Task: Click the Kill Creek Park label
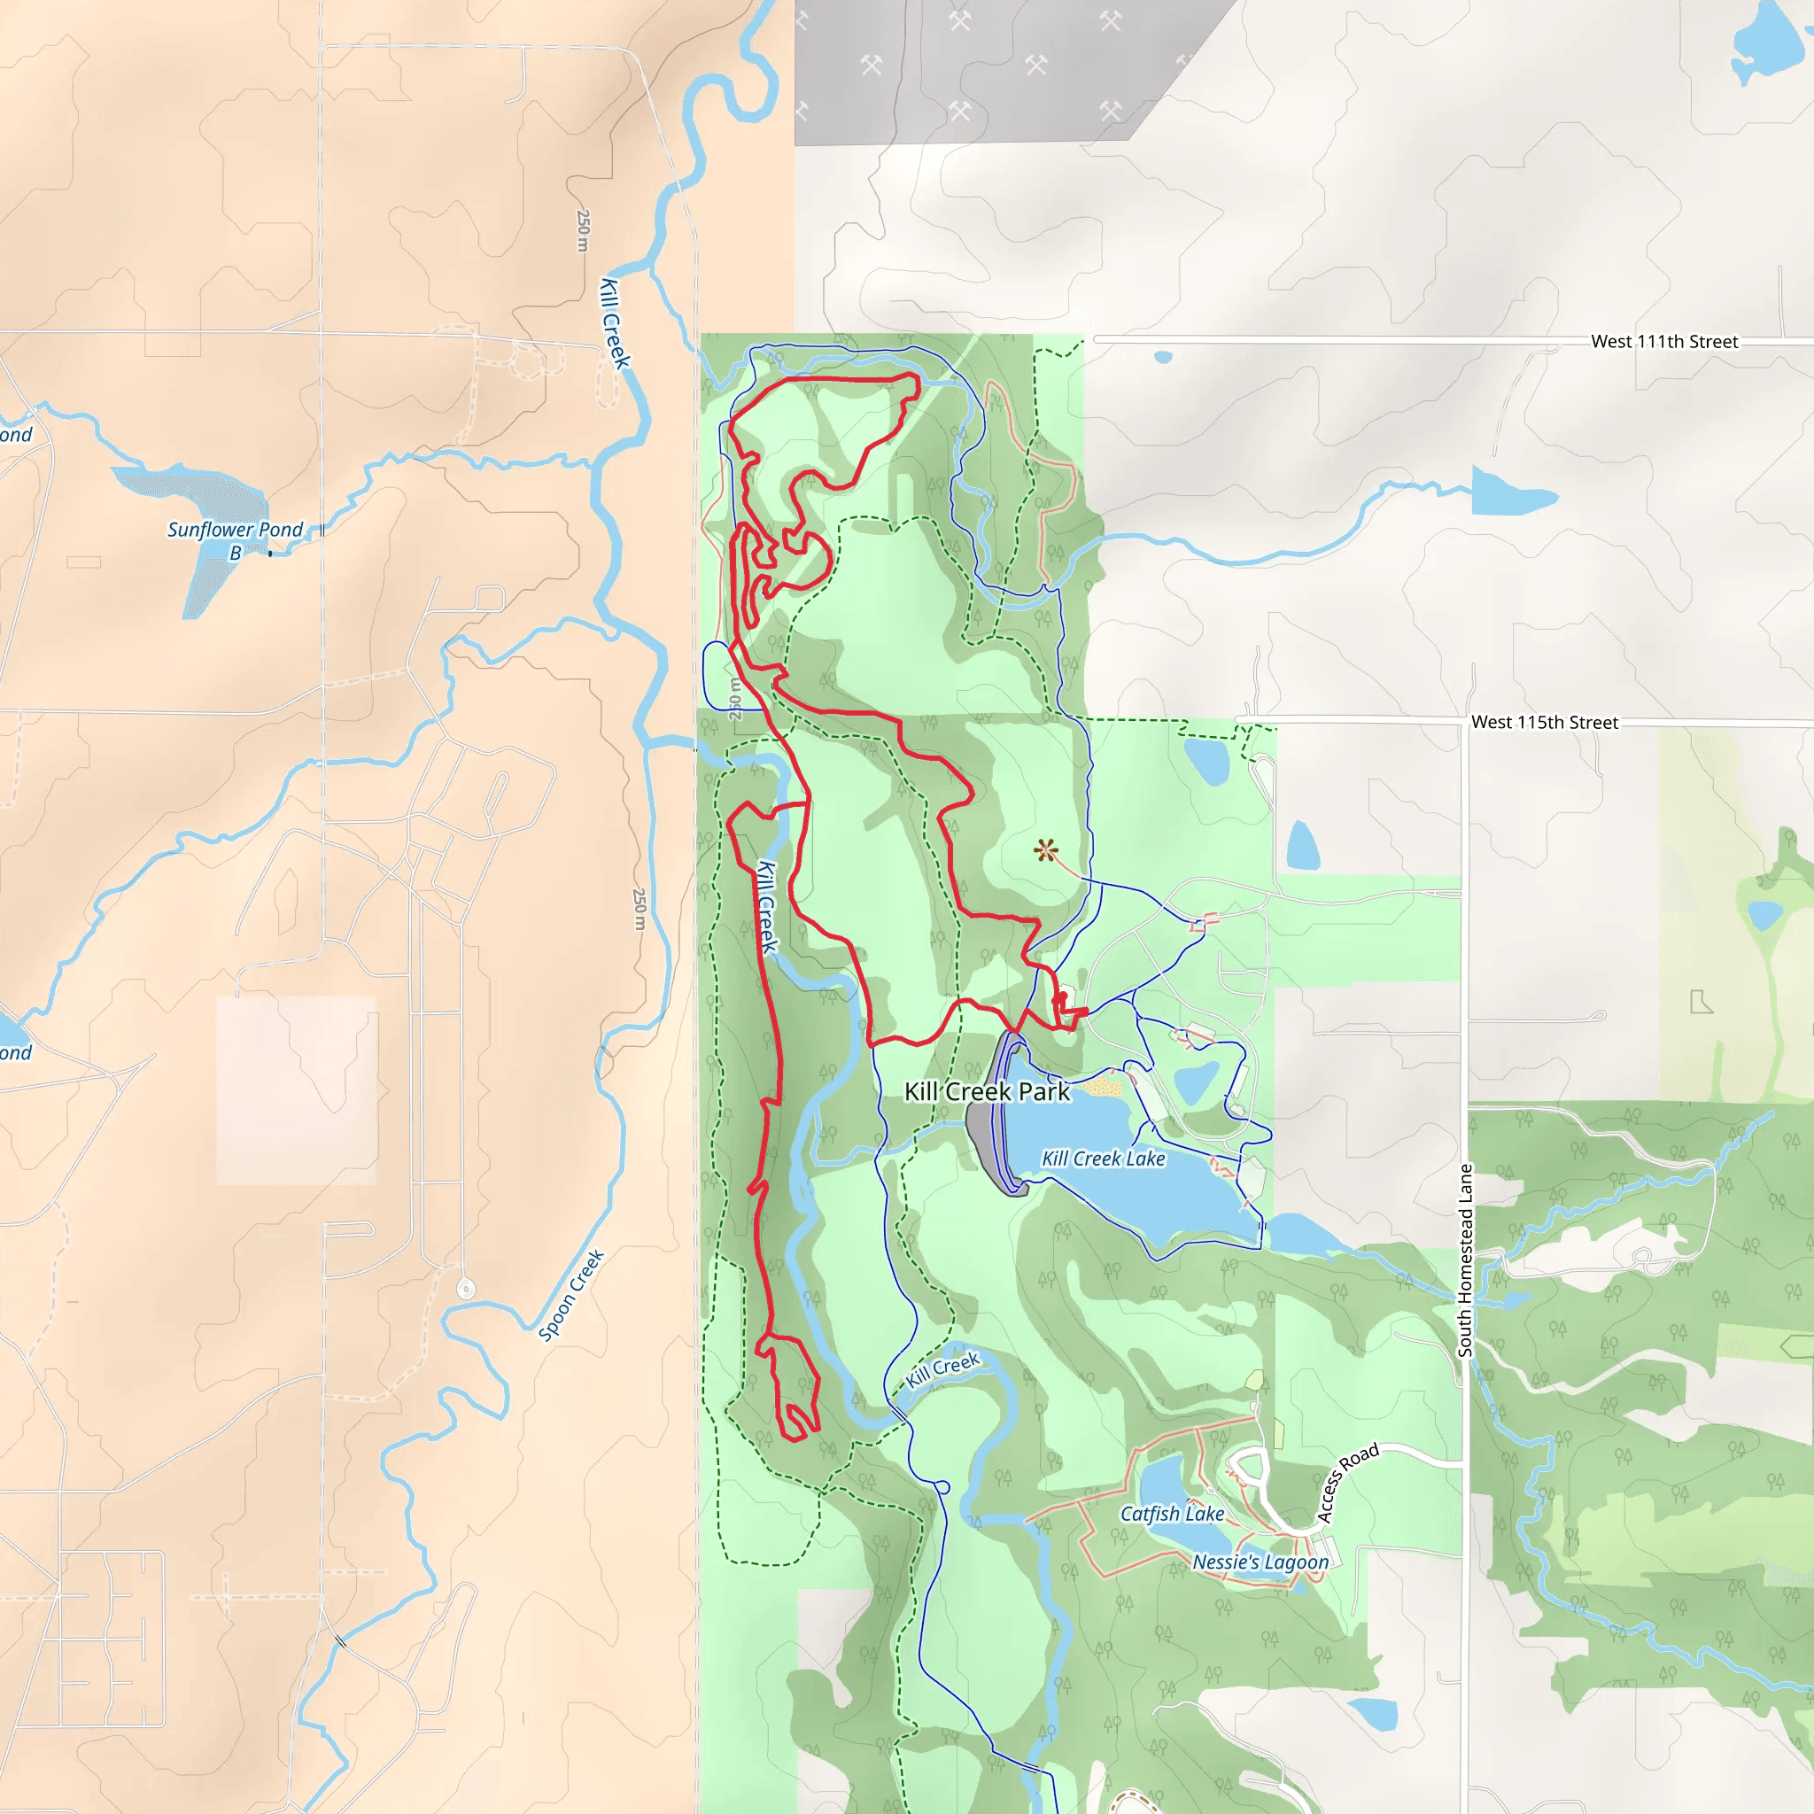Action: point(986,1091)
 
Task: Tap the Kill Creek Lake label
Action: point(1104,1159)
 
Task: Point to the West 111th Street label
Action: point(1663,342)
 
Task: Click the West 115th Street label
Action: point(1545,722)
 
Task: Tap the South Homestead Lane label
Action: point(1465,1260)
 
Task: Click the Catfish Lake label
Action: point(1172,1514)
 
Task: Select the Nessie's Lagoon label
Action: point(1260,1562)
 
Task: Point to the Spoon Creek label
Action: point(571,1296)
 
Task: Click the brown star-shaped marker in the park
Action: point(1045,850)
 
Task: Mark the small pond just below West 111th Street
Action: point(1163,357)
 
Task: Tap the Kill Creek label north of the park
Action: point(615,323)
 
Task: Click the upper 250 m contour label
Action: point(583,230)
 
